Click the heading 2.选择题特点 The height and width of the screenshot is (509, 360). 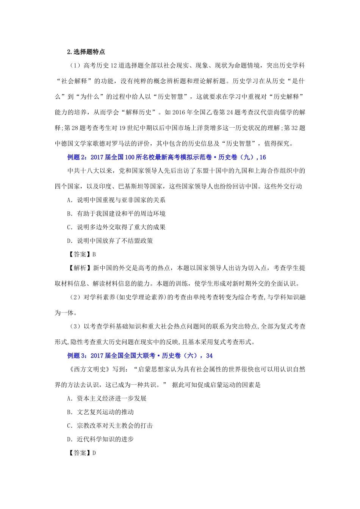pyautogui.click(x=86, y=52)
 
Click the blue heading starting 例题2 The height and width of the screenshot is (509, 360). pyautogui.click(x=166, y=157)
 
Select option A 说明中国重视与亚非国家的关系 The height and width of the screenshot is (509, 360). pyautogui.click(x=116, y=200)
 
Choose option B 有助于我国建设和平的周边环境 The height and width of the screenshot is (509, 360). pyautogui.click(x=116, y=214)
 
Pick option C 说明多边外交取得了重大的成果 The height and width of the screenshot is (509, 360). pyautogui.click(x=116, y=227)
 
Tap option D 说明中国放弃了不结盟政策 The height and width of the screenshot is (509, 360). pyautogui.click(x=110, y=241)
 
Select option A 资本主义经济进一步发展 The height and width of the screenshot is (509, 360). pyautogui.click(x=107, y=398)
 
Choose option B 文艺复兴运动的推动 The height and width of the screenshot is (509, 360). pyautogui.click(x=100, y=412)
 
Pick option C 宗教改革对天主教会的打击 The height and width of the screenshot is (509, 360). pyautogui.click(x=110, y=426)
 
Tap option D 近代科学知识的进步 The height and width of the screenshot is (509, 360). pyautogui.click(x=100, y=439)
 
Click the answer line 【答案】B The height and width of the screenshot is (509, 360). pyautogui.click(x=81, y=254)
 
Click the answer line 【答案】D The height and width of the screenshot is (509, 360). pyautogui.click(x=81, y=453)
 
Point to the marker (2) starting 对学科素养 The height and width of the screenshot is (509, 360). pyautogui.click(x=75, y=297)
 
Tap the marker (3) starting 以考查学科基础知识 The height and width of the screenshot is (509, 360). pyautogui.click(x=75, y=326)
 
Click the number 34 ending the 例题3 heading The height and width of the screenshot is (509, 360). pyautogui.click(x=209, y=356)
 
